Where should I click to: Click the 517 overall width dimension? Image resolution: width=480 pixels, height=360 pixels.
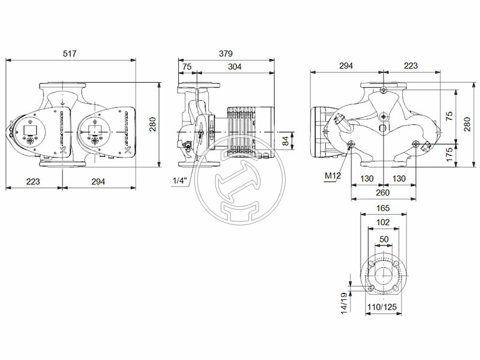(71, 54)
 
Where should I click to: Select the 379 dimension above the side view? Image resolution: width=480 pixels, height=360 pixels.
(226, 54)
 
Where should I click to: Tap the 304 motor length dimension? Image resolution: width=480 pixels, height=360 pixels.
(235, 67)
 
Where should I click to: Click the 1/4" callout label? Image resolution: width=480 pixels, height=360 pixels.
(179, 181)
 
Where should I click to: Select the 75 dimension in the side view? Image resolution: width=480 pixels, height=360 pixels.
(187, 67)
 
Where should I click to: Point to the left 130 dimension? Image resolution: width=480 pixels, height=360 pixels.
(367, 179)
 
